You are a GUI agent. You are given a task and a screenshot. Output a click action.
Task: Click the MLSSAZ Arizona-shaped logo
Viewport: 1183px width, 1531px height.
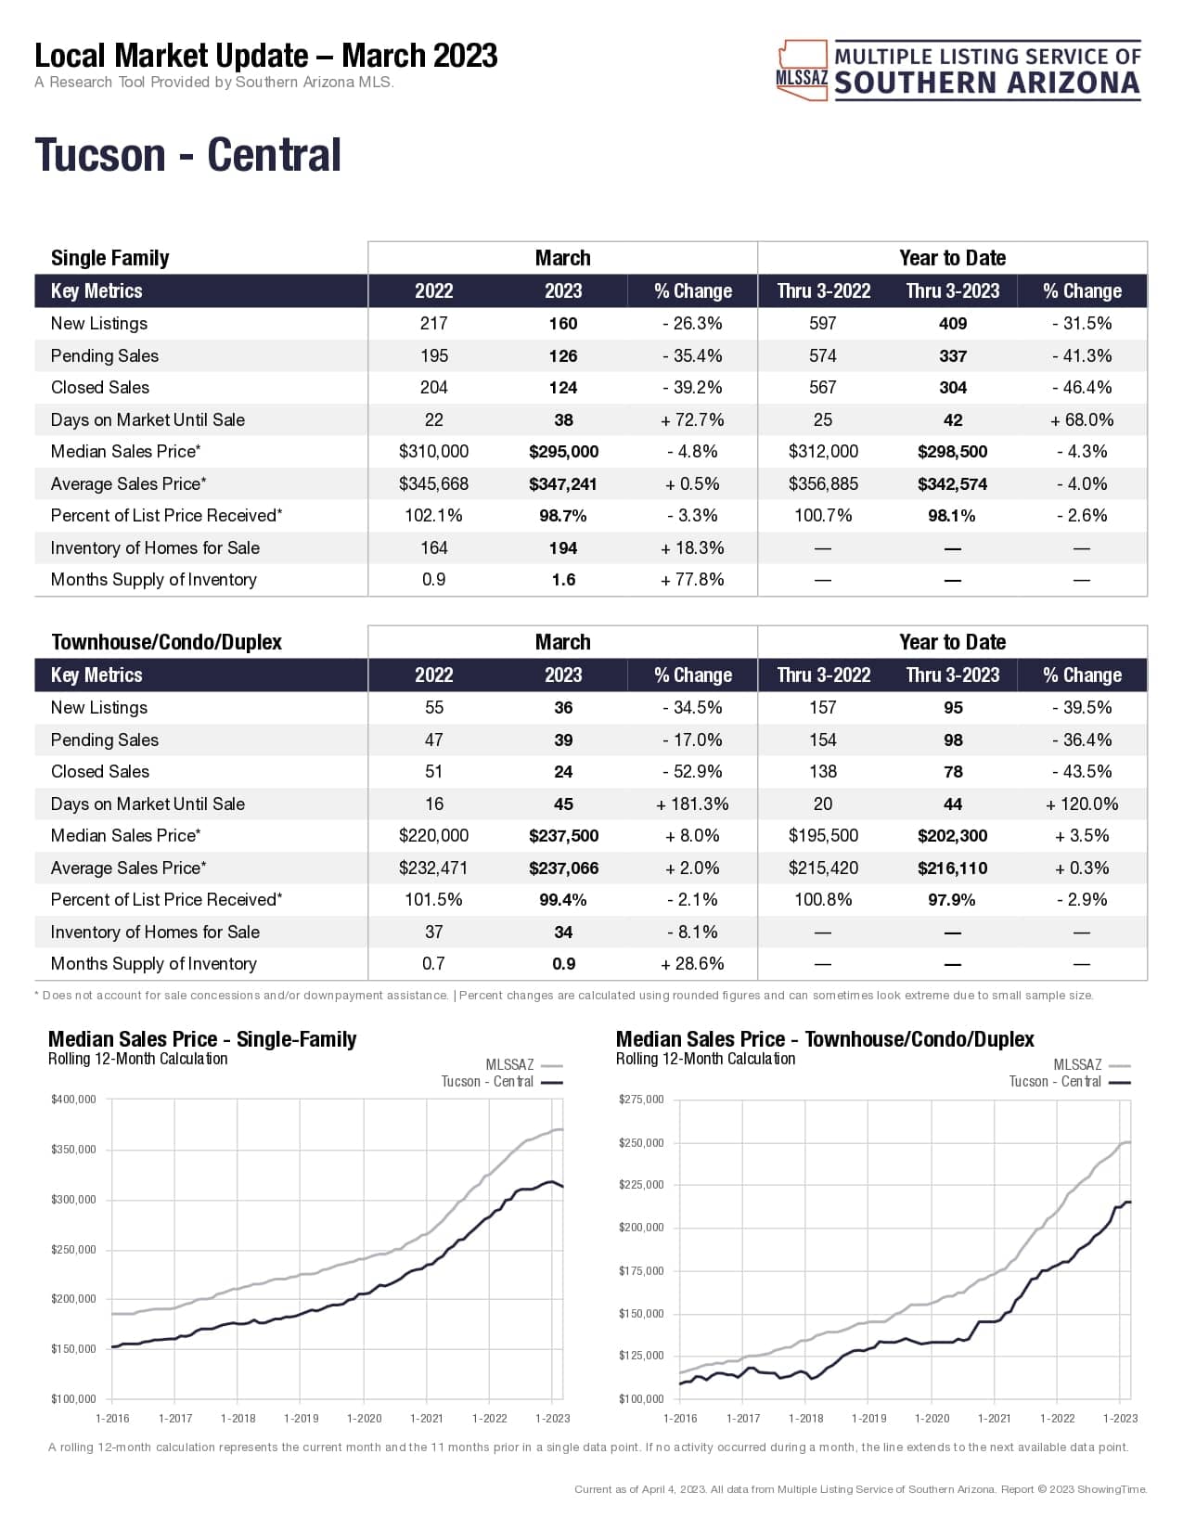[x=802, y=70]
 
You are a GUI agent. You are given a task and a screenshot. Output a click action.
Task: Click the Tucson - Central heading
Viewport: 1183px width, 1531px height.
[x=187, y=155]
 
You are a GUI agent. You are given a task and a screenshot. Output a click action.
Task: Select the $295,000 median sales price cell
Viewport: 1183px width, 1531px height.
[x=563, y=452]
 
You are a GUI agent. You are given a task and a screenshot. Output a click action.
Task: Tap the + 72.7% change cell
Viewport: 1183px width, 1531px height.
[x=692, y=420]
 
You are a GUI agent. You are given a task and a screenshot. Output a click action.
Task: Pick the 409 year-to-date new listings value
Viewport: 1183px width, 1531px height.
[x=952, y=324]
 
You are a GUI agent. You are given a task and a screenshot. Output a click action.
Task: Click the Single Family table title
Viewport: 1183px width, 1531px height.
[x=109, y=258]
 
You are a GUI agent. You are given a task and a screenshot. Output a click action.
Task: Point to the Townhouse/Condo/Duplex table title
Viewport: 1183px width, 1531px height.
[x=166, y=642]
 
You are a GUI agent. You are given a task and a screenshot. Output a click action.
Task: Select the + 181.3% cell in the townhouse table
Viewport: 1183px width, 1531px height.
[x=692, y=804]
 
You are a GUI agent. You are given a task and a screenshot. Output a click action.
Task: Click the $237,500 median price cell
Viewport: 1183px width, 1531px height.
[x=563, y=836]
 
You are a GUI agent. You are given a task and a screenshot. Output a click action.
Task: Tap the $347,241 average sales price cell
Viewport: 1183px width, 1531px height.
[x=563, y=484]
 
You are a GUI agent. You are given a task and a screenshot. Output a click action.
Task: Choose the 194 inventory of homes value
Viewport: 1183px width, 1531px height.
[x=563, y=548]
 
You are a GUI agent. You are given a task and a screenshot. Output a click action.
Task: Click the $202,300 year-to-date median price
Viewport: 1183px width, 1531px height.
[x=952, y=836]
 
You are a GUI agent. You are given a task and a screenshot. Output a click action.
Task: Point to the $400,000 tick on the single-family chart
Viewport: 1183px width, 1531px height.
[x=73, y=1100]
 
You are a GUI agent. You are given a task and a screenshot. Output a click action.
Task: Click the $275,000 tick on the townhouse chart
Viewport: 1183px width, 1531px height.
[x=641, y=1100]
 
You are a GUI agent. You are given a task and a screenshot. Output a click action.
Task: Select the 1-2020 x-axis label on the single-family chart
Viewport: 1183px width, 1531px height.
[x=364, y=1418]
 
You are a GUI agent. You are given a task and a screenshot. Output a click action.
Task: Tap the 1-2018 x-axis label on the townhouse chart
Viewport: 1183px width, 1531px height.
[x=805, y=1418]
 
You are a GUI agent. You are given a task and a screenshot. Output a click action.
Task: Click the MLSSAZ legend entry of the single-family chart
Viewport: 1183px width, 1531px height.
[x=510, y=1065]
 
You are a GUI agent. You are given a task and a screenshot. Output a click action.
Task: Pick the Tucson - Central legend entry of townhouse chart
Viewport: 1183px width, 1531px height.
[x=1055, y=1082]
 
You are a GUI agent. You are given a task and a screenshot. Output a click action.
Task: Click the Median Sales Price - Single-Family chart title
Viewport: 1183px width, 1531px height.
[x=201, y=1039]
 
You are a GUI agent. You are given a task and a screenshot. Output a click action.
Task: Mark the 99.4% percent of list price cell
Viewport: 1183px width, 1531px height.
[x=563, y=900]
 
